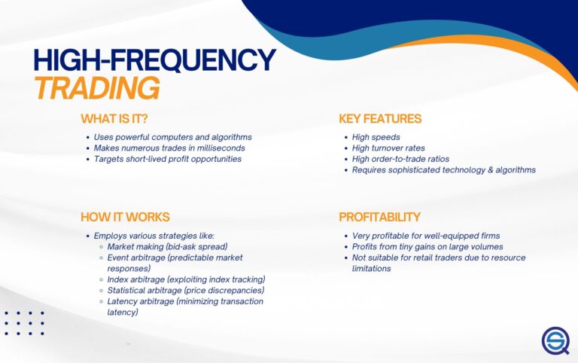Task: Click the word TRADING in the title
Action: click(96, 88)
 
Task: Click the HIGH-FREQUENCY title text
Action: click(154, 60)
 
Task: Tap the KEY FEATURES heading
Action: click(380, 119)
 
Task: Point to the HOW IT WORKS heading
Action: click(125, 217)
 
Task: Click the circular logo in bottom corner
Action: click(555, 340)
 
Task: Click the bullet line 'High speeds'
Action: click(376, 138)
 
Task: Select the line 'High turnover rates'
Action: click(388, 148)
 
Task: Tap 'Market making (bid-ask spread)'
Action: click(167, 247)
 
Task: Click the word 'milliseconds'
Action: click(218, 148)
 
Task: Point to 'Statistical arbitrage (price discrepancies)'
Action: click(185, 290)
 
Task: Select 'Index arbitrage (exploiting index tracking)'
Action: click(186, 279)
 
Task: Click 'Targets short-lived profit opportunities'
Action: click(168, 159)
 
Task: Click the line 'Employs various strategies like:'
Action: click(154, 236)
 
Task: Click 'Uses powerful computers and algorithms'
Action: click(172, 138)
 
